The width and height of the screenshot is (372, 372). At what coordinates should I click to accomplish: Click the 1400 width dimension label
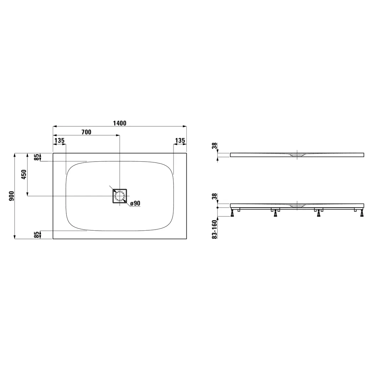[x=119, y=123]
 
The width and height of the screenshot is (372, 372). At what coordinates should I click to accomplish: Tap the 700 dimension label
[x=86, y=132]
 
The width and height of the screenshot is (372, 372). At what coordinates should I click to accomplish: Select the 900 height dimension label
[x=11, y=196]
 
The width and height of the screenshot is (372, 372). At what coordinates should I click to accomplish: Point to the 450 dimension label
[x=24, y=174]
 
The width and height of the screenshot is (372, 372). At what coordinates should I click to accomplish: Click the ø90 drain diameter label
[x=135, y=203]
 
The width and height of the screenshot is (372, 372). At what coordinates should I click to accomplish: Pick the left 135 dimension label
[x=60, y=141]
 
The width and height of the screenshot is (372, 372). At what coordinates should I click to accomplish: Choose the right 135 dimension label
[x=180, y=141]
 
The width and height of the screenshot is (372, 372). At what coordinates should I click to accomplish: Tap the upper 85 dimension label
[x=37, y=157]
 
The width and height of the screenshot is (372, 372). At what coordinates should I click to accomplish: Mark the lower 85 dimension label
[x=37, y=235]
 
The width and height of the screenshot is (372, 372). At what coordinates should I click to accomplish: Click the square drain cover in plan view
[x=120, y=196]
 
